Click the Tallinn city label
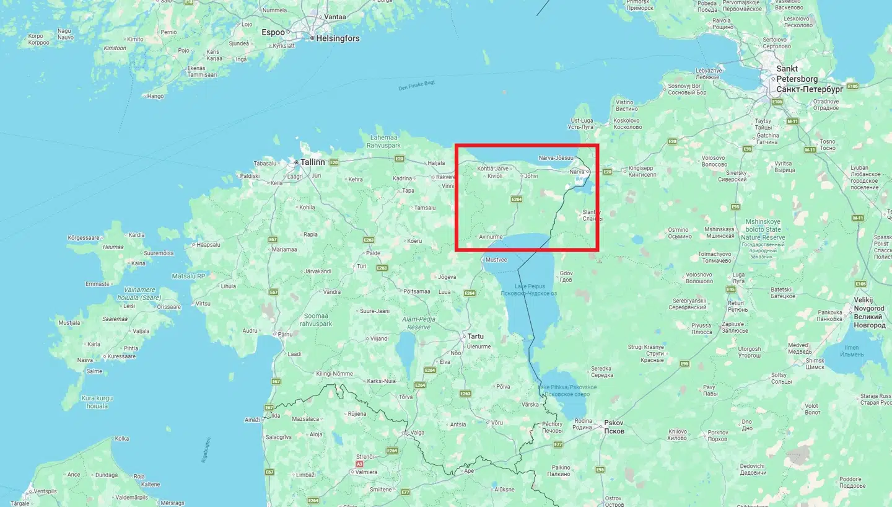tap(312, 162)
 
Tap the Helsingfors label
tap(338, 38)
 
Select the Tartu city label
tap(475, 336)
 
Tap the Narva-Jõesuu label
tap(556, 157)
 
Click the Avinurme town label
tap(491, 237)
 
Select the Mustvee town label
tap(496, 260)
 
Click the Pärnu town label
tap(285, 334)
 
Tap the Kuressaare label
tap(121, 356)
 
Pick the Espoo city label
tap(273, 32)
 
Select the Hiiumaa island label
tap(113, 247)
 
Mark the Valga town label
tap(418, 433)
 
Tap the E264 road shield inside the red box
tap(517, 199)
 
